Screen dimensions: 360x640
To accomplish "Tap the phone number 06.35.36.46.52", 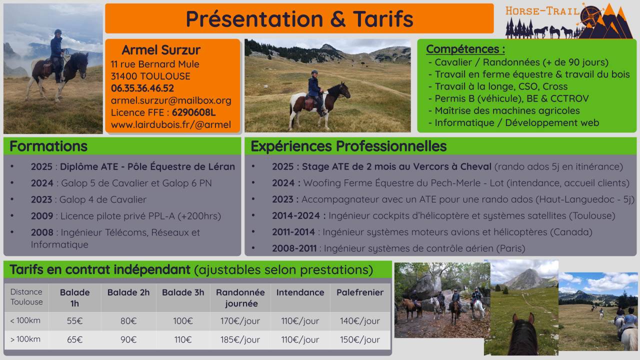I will pyautogui.click(x=142, y=88).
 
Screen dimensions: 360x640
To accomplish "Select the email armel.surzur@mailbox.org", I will pyautogui.click(x=171, y=100).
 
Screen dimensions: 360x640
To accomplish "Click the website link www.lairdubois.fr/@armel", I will pyautogui.click(x=171, y=124).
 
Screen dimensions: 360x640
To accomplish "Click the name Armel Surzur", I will pyautogui.click(x=161, y=50).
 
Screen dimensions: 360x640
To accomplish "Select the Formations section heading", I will pyautogui.click(x=48, y=146).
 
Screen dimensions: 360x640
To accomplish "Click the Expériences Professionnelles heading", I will pyautogui.click(x=348, y=146).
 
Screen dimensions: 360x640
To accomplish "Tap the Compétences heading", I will pyautogui.click(x=465, y=49).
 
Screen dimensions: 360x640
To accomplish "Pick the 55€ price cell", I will pyautogui.click(x=75, y=321).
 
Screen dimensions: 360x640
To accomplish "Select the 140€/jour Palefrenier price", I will pyautogui.click(x=360, y=321).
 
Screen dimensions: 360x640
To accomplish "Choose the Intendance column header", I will pyautogui.click(x=300, y=292).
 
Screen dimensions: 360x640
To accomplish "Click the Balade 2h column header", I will pyautogui.click(x=128, y=292).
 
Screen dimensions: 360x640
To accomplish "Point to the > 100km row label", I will pyautogui.click(x=25, y=339).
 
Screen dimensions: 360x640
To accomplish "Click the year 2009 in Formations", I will pyautogui.click(x=42, y=216).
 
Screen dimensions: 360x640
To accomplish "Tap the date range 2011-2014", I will pyautogui.click(x=293, y=232).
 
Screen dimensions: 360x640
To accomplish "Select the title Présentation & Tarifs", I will pyautogui.click(x=299, y=19).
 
